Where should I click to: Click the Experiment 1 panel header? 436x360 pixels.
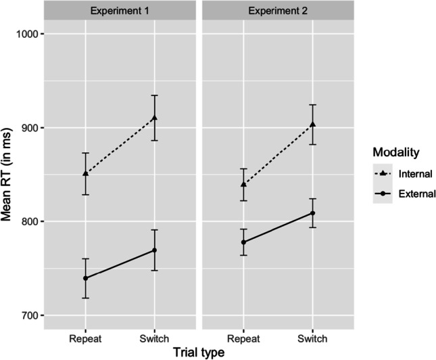click(120, 10)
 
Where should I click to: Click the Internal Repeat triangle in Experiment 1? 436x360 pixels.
click(85, 174)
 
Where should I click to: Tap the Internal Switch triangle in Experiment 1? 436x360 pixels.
click(154, 118)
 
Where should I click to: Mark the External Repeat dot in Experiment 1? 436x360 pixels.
click(85, 278)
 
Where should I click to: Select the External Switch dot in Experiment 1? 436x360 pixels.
click(154, 250)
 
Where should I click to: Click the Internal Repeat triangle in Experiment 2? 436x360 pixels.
click(243, 184)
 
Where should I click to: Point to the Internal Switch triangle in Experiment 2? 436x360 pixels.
click(312, 124)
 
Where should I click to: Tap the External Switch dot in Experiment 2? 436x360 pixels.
click(312, 213)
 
